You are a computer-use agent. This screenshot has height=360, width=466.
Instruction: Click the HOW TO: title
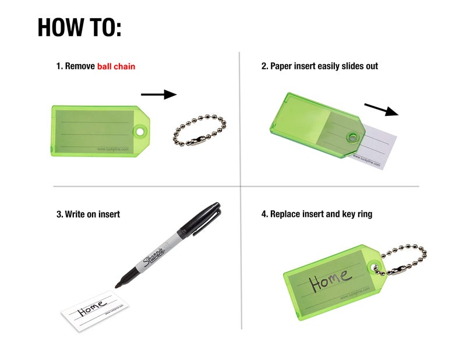click(79, 27)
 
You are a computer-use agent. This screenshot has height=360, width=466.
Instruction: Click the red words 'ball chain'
click(116, 66)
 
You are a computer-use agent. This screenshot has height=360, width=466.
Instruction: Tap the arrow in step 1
click(158, 94)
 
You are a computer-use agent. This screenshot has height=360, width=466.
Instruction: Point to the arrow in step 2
click(382, 110)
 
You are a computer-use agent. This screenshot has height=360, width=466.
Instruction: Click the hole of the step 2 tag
click(352, 138)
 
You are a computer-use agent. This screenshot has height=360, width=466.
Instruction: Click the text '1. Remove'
click(76, 66)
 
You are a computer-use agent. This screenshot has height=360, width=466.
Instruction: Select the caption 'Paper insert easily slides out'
click(324, 66)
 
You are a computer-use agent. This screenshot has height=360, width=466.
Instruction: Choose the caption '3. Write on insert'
click(88, 214)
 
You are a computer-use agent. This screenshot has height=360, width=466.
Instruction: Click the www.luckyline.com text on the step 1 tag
click(113, 150)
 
